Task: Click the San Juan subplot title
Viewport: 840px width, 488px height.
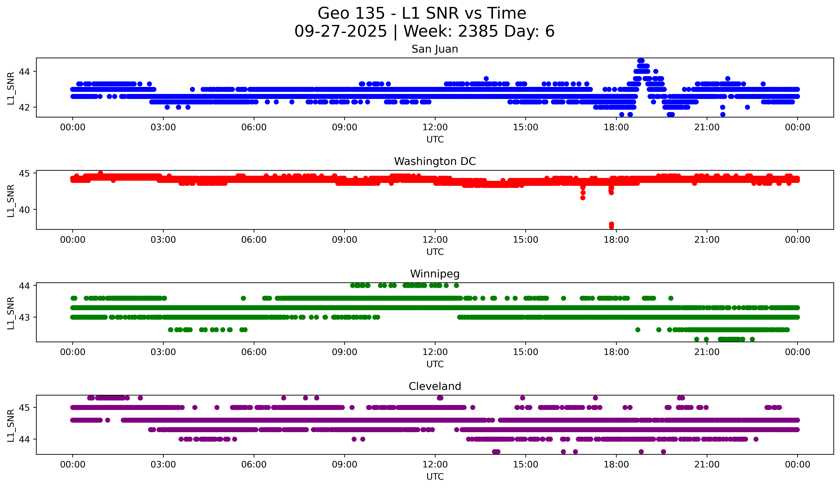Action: [x=435, y=49]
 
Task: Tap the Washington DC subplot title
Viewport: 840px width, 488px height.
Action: [x=435, y=161]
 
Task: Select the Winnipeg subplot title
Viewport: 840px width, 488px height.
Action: [x=435, y=274]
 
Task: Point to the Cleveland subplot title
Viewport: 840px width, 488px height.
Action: [x=435, y=386]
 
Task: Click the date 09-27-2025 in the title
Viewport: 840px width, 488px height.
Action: [x=340, y=31]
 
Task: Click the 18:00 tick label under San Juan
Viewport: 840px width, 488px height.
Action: [x=616, y=127]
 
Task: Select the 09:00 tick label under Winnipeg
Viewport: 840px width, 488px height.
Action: [x=344, y=352]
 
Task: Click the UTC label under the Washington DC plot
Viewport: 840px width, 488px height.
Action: [x=435, y=252]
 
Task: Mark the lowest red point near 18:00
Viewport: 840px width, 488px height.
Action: [x=611, y=227]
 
